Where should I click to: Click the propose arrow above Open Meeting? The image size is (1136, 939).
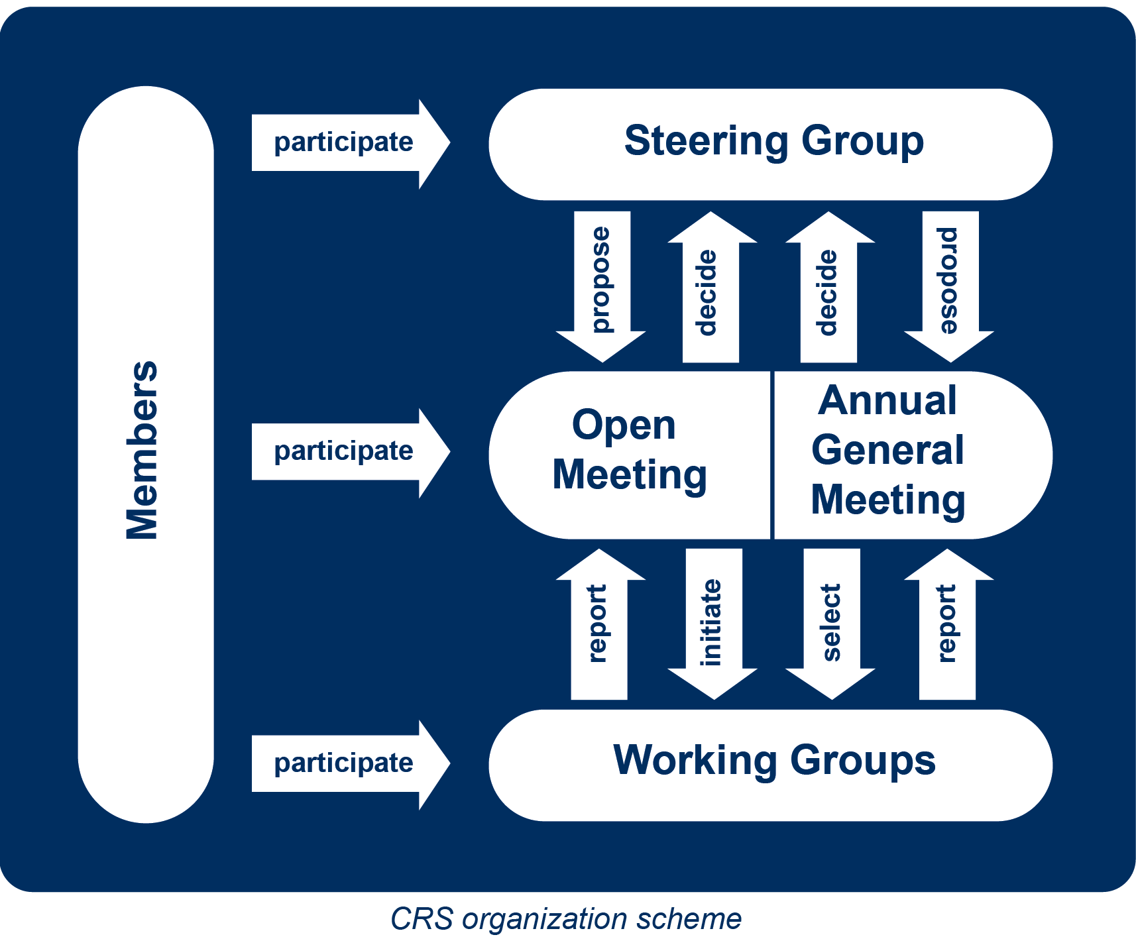pyautogui.click(x=601, y=282)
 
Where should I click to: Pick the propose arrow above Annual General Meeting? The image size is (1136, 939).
pyautogui.click(x=949, y=282)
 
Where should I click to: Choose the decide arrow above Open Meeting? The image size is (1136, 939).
pyautogui.click(x=710, y=292)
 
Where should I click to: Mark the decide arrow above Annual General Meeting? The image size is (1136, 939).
pyautogui.click(x=828, y=292)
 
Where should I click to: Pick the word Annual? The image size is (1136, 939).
pyautogui.click(x=887, y=401)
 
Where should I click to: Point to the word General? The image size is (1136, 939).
pyautogui.click(x=887, y=451)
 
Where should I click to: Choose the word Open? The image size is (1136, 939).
pyautogui.click(x=624, y=425)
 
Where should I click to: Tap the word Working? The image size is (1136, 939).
pyautogui.click(x=695, y=760)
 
